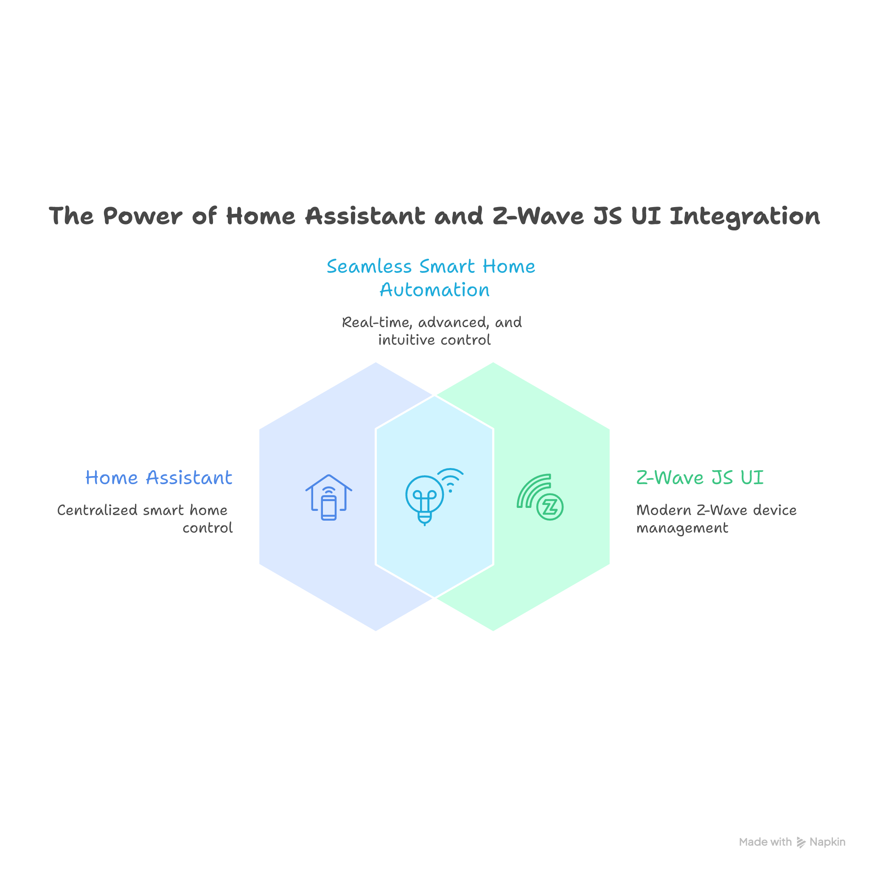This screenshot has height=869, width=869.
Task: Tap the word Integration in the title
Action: pos(744,216)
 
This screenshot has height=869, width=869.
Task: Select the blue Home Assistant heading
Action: pos(159,477)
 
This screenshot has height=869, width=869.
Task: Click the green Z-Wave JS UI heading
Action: pos(699,477)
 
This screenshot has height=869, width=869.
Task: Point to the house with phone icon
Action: pos(329,497)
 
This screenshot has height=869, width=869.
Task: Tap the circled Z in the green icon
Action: pos(549,507)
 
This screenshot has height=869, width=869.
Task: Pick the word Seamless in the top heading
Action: pos(369,266)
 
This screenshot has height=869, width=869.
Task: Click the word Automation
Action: pos(434,290)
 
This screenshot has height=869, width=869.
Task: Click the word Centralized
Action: pos(97,510)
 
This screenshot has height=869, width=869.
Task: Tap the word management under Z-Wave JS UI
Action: pos(682,527)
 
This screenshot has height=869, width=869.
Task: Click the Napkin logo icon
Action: pos(801,842)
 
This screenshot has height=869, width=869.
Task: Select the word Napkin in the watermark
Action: pos(827,841)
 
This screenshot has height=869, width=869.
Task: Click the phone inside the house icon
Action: pos(329,508)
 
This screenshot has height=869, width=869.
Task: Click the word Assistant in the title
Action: pos(365,216)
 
